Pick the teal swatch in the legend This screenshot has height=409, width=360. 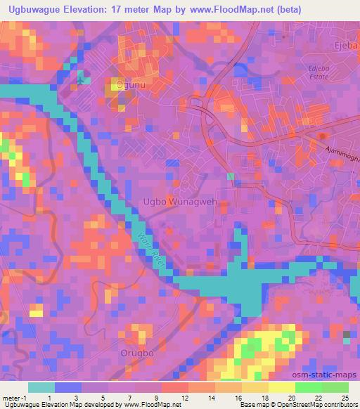[41, 388]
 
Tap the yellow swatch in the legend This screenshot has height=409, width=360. [281, 388]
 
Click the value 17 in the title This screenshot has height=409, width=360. [134, 10]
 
